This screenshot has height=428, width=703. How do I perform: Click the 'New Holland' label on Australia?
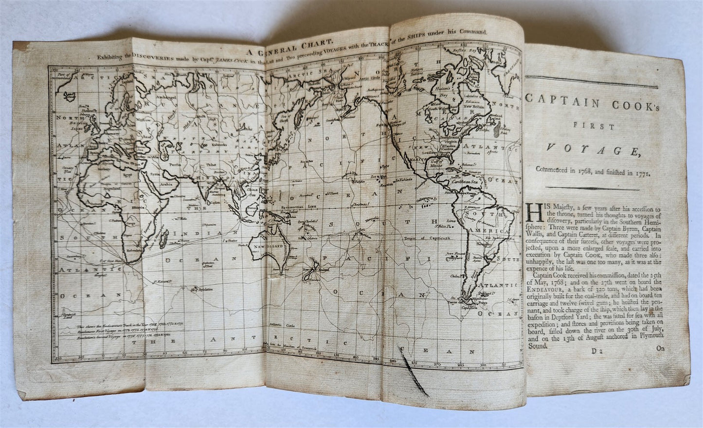(266, 247)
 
